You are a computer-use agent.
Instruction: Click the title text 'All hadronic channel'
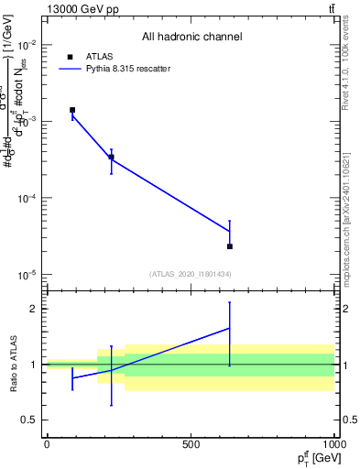[x=191, y=37]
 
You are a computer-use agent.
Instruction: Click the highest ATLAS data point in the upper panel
[x=72, y=110]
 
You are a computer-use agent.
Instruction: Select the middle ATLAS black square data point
[x=111, y=158]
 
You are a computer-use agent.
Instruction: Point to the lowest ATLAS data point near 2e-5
[x=230, y=246]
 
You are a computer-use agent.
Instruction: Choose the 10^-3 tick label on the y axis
[x=27, y=122]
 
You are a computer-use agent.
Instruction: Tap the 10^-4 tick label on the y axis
[x=27, y=199]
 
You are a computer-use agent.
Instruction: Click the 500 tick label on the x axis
[x=191, y=444]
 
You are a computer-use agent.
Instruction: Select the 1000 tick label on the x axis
[x=333, y=444]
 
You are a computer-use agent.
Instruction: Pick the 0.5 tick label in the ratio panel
[x=29, y=420]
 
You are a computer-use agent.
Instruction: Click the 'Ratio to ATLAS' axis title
[x=12, y=365]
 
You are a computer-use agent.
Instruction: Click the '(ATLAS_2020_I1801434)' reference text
[x=191, y=274]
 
